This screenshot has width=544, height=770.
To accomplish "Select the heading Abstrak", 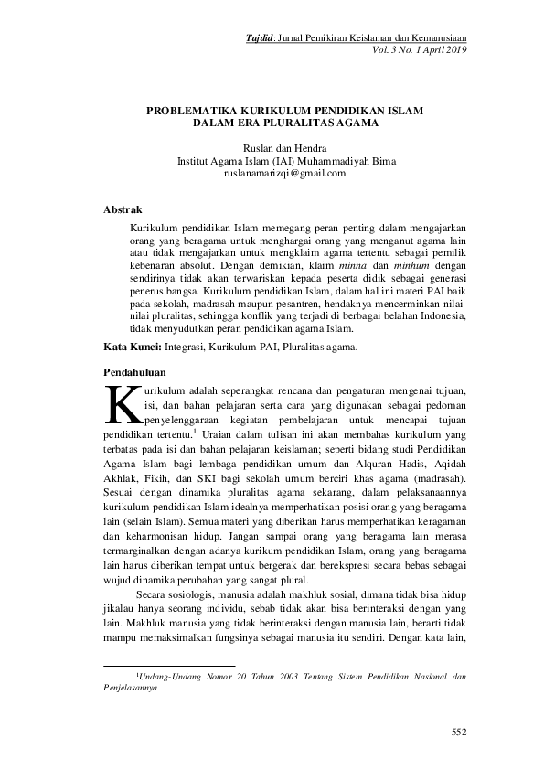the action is (x=123, y=209).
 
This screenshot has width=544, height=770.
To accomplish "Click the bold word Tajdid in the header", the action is (x=261, y=37).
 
